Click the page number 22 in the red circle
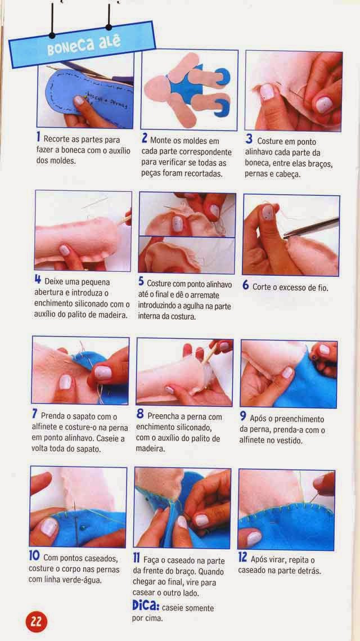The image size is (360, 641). [x=37, y=621]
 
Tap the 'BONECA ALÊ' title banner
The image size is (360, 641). [x=82, y=44]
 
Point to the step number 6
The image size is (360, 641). [x=245, y=285]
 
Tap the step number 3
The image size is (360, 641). [x=249, y=139]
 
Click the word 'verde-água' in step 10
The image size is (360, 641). [x=83, y=580]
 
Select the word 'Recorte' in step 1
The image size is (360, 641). [x=56, y=140]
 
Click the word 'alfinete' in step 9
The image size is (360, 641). [x=251, y=441]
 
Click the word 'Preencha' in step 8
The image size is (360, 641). [x=162, y=416]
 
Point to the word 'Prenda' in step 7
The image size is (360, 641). [x=53, y=416]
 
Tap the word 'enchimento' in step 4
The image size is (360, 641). [x=55, y=304]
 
